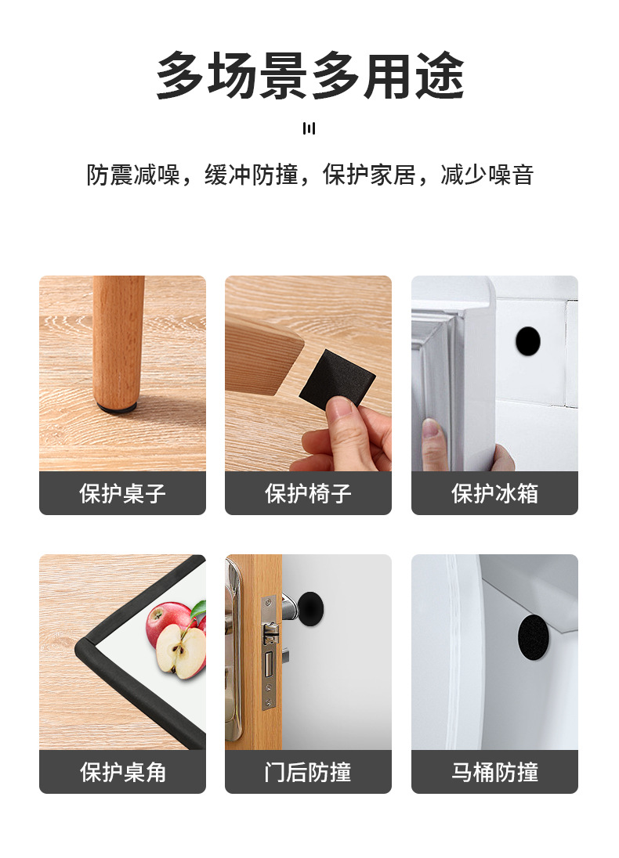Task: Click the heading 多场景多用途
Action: coord(309,76)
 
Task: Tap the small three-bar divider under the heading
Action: coord(309,128)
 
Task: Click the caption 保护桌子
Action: coord(122,494)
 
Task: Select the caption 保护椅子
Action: coord(308,494)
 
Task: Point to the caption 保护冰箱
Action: coord(494,494)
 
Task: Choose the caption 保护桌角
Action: coord(122,773)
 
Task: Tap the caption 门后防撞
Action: coord(308,773)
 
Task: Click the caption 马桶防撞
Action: coord(494,773)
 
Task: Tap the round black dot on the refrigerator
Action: coord(527,341)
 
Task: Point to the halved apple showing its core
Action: coord(179,651)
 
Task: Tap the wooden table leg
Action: coord(118,337)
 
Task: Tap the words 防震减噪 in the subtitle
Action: coord(133,175)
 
